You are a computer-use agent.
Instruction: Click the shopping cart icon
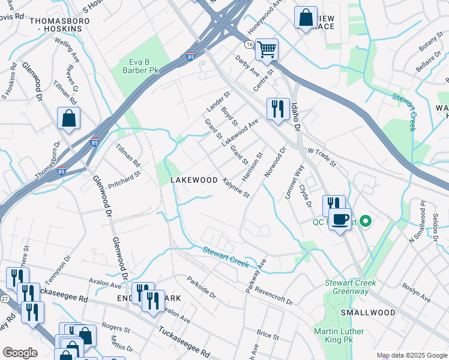267,49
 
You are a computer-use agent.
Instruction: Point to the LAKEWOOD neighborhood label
194,180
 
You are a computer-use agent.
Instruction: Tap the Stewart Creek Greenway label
350,287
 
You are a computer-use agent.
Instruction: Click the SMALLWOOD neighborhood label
368,313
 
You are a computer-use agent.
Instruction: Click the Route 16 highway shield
249,44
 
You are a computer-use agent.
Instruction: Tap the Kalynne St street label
235,187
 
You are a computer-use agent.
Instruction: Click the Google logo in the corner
20,353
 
